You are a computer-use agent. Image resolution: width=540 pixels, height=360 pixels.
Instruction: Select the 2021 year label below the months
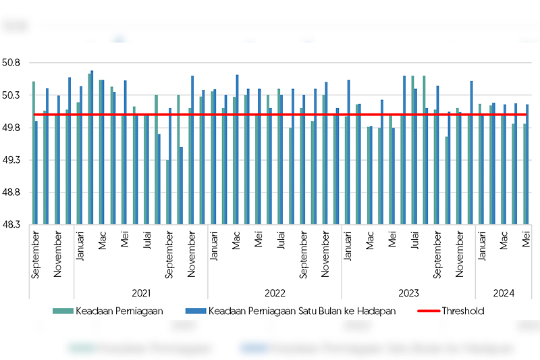click(140, 293)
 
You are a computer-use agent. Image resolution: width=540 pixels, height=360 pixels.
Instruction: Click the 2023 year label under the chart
click(408, 293)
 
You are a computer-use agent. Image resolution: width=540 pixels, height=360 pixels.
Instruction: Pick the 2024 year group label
click(504, 293)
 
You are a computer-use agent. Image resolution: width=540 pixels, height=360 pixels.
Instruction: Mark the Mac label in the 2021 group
click(103, 242)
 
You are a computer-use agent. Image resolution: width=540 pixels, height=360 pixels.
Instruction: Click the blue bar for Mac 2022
click(237, 149)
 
